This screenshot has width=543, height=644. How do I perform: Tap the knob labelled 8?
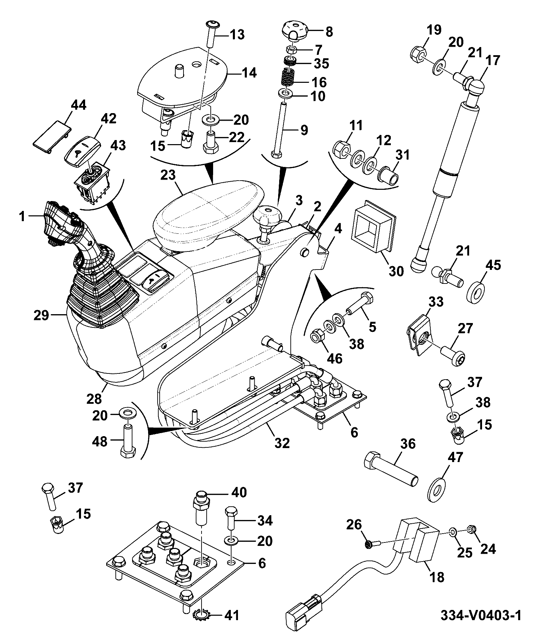coord(294,31)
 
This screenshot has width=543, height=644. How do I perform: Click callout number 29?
coord(42,316)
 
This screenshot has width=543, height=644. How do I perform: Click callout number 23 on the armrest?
coord(168,176)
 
